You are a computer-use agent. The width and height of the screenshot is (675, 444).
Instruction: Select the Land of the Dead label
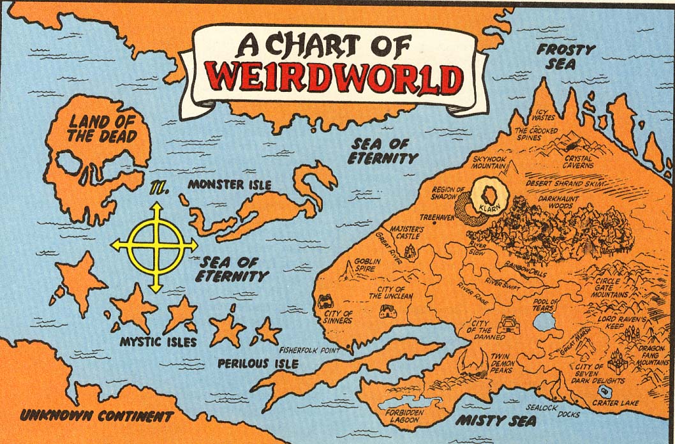[103, 128]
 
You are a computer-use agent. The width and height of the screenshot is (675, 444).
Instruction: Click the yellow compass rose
[155, 246]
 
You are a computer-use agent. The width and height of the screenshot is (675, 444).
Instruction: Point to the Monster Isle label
[229, 185]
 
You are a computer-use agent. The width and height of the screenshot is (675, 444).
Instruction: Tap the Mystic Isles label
[158, 342]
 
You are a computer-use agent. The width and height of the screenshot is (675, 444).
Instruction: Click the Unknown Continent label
[96, 417]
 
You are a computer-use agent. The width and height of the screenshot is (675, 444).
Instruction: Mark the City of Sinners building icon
[325, 300]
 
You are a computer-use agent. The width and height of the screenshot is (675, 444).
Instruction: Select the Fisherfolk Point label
[315, 350]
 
